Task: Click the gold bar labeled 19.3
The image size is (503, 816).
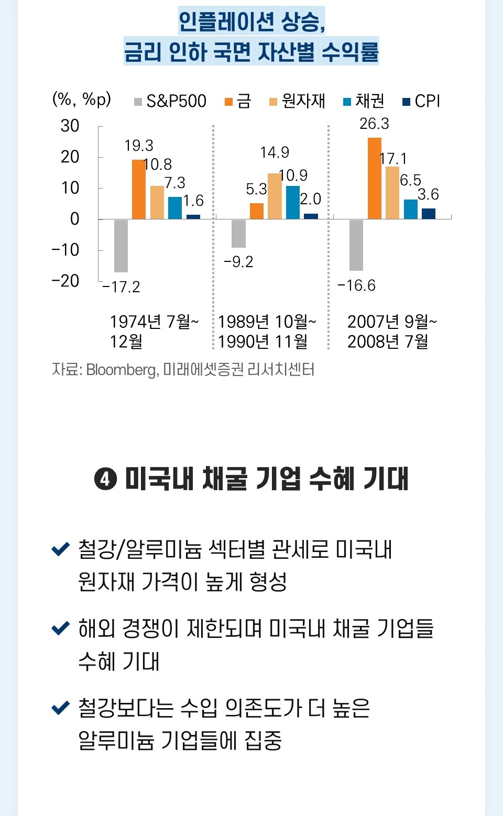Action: pos(139,190)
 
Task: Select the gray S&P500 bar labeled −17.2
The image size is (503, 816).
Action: pos(121,246)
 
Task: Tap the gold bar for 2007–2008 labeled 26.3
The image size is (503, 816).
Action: pos(375,179)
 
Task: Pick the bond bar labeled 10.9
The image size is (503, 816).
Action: pos(293,202)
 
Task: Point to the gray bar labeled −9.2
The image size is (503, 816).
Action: pos(238,233)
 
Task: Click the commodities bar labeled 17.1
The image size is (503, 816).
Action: pos(392,193)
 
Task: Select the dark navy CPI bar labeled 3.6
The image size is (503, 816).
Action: pos(429,214)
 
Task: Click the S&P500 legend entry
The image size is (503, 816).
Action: pos(171,101)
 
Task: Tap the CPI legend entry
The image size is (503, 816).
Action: pos(422,101)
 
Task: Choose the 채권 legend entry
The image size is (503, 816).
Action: pos(364,101)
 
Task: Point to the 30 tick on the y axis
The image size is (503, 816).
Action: pos(70,126)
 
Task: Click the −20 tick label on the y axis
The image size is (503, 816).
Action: pos(65,281)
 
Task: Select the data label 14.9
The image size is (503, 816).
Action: pos(275,152)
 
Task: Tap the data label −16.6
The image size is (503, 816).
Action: pos(356,285)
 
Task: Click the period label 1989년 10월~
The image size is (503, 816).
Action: pos(267,321)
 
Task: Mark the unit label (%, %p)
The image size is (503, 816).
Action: pos(82,99)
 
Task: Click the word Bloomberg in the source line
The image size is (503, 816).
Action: pos(121,370)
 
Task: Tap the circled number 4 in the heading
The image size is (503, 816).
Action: pos(105,479)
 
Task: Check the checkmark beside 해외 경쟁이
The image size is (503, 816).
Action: pos(61,627)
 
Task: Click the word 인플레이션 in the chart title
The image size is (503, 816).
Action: pos(226,21)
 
